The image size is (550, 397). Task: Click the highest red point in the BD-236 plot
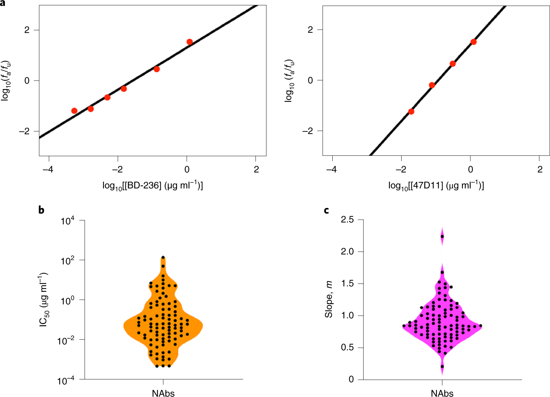point(189,42)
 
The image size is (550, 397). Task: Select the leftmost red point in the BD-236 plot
point(74,111)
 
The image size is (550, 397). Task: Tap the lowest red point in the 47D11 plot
point(411,111)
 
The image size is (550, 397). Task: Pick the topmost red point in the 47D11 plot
point(474,42)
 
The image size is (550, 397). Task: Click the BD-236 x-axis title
point(153,186)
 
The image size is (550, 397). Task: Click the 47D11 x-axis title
point(436,186)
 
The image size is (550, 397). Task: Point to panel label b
point(41,210)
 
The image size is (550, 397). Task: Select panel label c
point(326,210)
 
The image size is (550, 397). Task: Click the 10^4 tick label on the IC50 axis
point(68,221)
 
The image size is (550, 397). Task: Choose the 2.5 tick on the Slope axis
point(347,220)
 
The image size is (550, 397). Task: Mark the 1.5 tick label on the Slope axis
point(347,284)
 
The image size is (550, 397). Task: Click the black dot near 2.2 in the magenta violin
point(442,236)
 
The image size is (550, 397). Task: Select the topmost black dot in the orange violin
point(163,257)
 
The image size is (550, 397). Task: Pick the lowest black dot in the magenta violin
point(442,366)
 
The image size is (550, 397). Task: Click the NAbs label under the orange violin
point(163,393)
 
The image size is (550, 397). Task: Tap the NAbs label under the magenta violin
point(442,393)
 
